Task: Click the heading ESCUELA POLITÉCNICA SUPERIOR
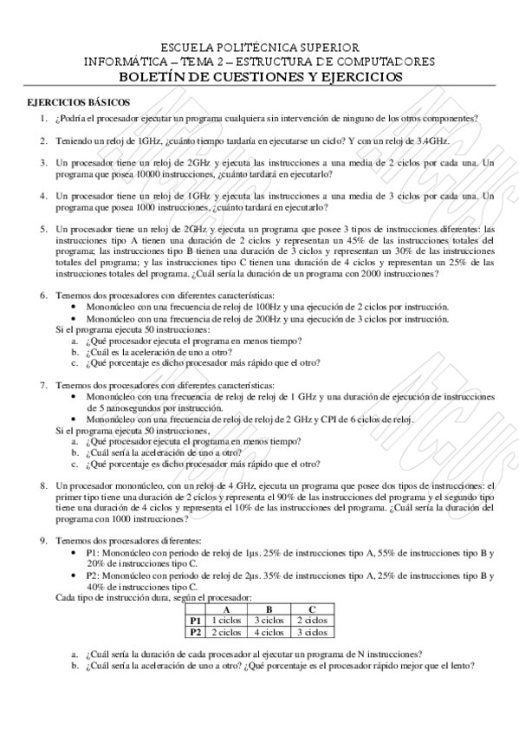click(x=259, y=47)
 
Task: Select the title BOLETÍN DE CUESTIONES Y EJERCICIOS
click(x=259, y=76)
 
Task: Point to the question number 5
click(x=43, y=230)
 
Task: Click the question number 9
click(x=43, y=541)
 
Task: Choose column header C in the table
click(x=311, y=609)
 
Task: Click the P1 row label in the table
click(x=195, y=621)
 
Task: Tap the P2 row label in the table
click(x=195, y=632)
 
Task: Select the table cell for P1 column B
click(x=269, y=621)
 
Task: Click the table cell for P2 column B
click(x=269, y=632)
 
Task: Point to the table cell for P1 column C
click(x=311, y=621)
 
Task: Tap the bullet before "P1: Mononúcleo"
click(x=79, y=553)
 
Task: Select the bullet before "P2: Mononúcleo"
click(x=79, y=576)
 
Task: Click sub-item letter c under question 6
click(x=75, y=364)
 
